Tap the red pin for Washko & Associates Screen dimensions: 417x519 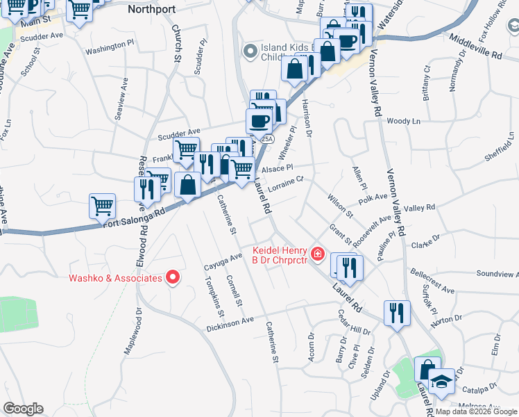point(173,279)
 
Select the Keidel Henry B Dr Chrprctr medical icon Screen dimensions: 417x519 point(318,255)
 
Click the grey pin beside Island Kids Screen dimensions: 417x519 point(250,51)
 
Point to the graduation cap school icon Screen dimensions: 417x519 point(441,382)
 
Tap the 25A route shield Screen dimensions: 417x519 point(267,139)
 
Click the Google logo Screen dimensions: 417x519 point(23,409)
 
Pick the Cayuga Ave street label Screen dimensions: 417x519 point(223,261)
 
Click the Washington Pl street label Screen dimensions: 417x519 point(110,47)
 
